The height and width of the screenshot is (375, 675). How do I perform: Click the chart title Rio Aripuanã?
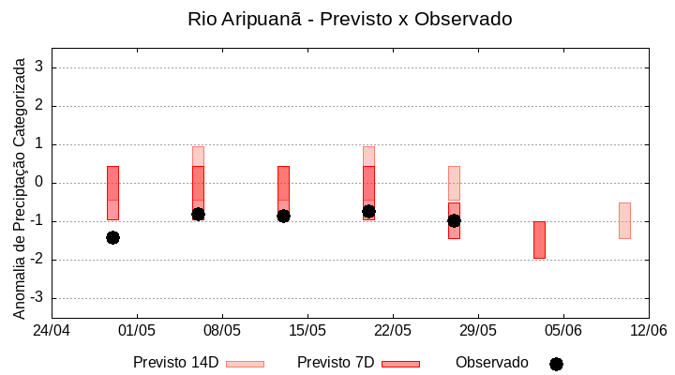pos(350,19)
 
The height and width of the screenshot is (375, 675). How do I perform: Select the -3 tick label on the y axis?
pos(37,298)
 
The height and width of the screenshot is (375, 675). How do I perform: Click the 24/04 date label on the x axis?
pos(52,331)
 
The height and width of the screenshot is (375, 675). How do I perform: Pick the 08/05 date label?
pos(222,331)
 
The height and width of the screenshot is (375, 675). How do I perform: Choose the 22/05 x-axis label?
pos(393,331)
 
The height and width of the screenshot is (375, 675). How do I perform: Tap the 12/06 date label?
pos(648,331)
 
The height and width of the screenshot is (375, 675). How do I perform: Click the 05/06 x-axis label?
pos(562,331)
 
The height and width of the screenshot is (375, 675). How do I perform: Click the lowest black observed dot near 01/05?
pos(112,237)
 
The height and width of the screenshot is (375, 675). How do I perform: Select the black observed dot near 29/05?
pos(454,220)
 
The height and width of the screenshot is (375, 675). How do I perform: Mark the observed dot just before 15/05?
pos(283,216)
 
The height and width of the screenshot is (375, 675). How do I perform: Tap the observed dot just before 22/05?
pos(368,212)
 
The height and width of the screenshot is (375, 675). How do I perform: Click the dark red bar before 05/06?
pos(539,240)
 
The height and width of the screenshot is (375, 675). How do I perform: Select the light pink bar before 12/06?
pos(624,220)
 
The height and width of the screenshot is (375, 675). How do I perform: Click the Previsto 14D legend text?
pos(175,363)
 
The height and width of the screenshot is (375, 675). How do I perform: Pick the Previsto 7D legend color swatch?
pos(400,364)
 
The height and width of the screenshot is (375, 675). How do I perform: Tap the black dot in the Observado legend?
pos(556,364)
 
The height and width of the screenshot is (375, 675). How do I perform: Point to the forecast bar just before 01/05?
pos(112,192)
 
